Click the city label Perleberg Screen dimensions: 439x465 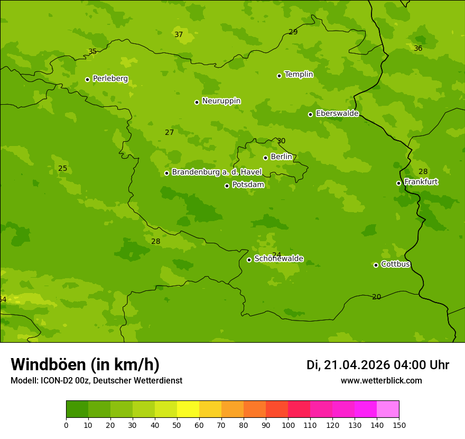tap(110, 79)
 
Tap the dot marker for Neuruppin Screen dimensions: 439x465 tap(197, 102)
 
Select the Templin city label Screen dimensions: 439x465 tap(299, 75)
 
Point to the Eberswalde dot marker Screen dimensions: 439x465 tap(310, 114)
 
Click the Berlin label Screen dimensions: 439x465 tap(281, 157)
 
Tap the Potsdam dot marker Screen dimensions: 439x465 tap(227, 186)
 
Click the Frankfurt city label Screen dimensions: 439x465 tap(421, 182)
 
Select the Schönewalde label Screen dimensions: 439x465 tap(278, 259)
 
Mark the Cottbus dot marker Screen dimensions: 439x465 tap(376, 265)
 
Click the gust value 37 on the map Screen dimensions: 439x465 tap(179, 35)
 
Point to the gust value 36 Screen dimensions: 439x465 tap(418, 49)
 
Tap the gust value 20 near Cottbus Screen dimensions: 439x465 tap(376, 297)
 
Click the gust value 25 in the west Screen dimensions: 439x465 tap(62, 169)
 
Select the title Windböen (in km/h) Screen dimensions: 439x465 tap(85, 364)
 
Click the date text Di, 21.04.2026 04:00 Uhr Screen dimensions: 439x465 tap(378, 365)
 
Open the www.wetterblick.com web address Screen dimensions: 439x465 tap(381, 381)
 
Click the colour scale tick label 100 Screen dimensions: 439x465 tap(288, 425)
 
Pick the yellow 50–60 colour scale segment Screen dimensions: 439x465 tap(188, 409)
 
